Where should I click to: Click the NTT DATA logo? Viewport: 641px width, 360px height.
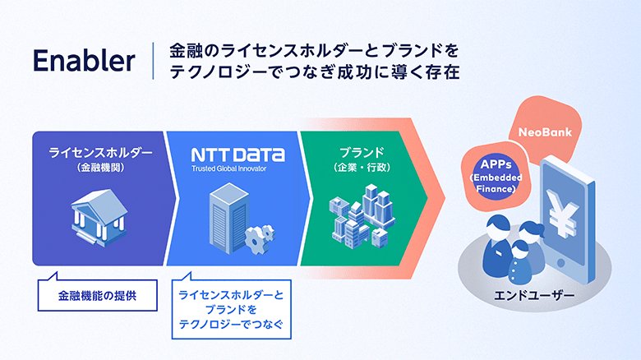pos(237,155)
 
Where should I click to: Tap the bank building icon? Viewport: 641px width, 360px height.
pos(99,216)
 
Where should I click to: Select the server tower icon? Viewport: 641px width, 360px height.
pos(225,216)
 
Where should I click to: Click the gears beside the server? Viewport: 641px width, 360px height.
pos(262,237)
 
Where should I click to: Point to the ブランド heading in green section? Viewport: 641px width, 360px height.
pos(361,153)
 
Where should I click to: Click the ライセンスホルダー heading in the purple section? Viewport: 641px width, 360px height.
pos(100,153)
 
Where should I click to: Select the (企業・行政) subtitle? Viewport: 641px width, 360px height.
pos(361,168)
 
